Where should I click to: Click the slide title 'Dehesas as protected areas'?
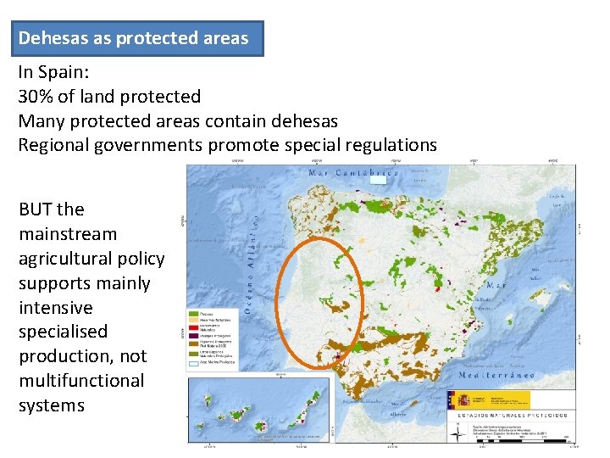click(134, 38)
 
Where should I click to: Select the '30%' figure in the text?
click(36, 97)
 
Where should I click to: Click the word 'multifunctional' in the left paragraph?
click(81, 381)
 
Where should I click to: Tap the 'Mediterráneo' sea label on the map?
click(501, 374)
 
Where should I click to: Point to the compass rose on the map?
click(458, 432)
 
